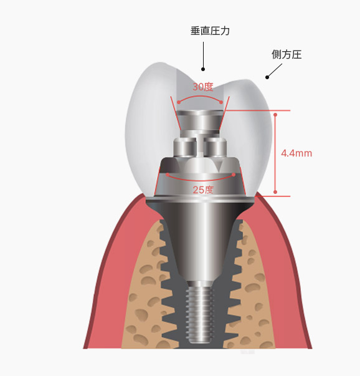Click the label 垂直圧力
click(x=210, y=31)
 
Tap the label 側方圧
click(x=287, y=54)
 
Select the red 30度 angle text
click(x=203, y=87)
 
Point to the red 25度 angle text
click(x=203, y=190)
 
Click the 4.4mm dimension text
click(x=296, y=153)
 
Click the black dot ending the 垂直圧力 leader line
click(x=203, y=69)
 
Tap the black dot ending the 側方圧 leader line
click(x=267, y=77)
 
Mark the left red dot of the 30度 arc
click(x=179, y=102)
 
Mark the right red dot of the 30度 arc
click(x=221, y=102)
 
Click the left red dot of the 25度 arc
click(x=168, y=175)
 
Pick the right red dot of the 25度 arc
click(x=234, y=175)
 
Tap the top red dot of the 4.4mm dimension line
click(x=275, y=115)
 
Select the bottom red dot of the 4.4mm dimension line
click(x=275, y=192)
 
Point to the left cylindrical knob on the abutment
click(x=185, y=147)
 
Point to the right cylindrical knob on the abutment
click(x=215, y=147)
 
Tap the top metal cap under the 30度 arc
click(x=200, y=120)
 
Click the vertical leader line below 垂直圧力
click(x=203, y=55)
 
